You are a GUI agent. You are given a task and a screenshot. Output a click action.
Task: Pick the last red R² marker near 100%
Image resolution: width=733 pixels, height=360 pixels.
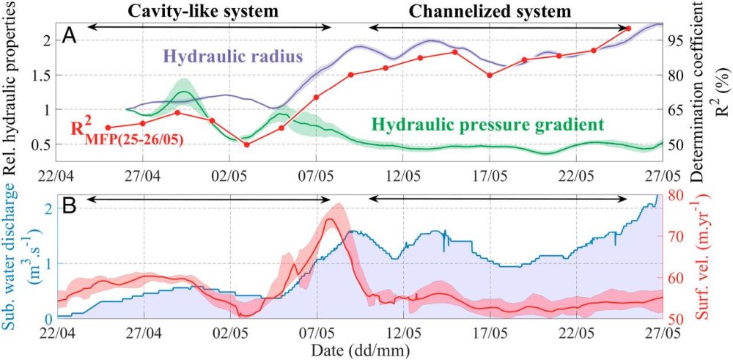coord(628,29)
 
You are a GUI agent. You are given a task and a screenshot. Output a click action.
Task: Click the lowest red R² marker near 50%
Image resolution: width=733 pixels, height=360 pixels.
coord(246,144)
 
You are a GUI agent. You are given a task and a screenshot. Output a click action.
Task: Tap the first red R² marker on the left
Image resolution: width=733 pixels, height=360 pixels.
coord(108,128)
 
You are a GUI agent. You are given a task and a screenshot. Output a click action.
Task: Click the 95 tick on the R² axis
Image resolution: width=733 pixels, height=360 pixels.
coord(678,41)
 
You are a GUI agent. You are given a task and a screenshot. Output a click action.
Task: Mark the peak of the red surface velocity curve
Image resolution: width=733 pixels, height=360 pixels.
coord(329,219)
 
